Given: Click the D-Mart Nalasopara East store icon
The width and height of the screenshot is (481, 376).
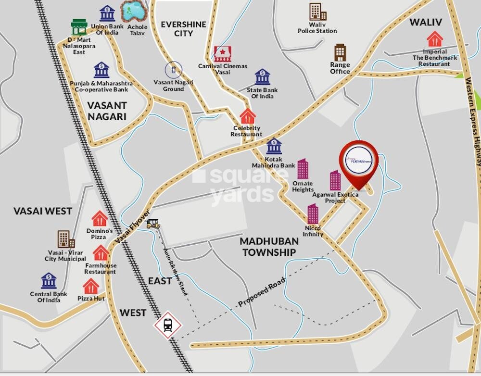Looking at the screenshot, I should [79, 27].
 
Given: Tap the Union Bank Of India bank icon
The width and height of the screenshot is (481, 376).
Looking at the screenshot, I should [107, 13].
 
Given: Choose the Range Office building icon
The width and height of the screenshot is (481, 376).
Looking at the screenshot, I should [340, 52].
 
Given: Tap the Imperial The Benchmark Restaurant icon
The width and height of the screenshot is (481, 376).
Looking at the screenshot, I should [435, 39].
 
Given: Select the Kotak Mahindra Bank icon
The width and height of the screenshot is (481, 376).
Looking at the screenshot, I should [274, 146].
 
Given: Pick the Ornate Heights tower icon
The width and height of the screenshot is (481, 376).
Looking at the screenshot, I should [303, 169].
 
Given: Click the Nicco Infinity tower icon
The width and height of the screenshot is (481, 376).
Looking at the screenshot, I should [313, 213].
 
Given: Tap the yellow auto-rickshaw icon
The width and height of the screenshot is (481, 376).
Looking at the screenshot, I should [153, 224].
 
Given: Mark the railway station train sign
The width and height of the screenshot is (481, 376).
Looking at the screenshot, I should [168, 326].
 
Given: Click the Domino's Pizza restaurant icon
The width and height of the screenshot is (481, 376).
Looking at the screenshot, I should [100, 219].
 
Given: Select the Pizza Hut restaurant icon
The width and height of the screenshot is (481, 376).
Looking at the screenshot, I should [91, 286].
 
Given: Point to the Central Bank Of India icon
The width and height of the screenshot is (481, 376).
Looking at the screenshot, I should [49, 281].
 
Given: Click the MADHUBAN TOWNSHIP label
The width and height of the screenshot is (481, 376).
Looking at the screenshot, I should [269, 247].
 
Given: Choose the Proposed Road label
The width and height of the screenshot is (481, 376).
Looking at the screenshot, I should [262, 292].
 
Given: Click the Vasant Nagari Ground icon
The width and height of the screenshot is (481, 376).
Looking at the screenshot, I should [174, 70].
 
